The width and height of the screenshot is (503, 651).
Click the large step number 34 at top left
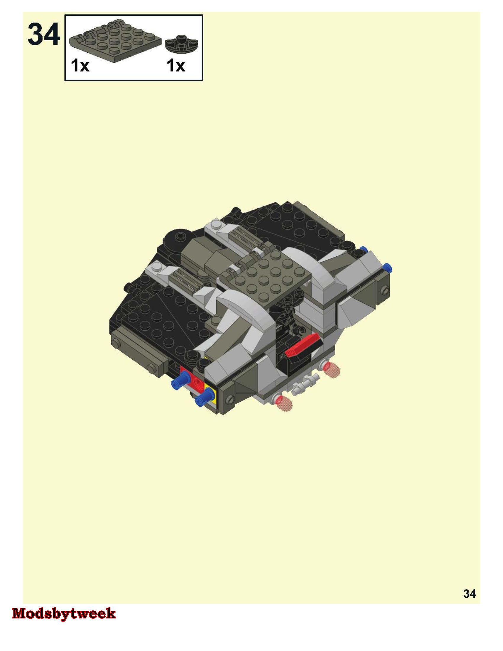pyautogui.click(x=44, y=35)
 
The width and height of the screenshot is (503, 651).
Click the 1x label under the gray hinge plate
pyautogui.click(x=80, y=65)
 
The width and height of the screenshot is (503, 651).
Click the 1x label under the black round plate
pyautogui.click(x=176, y=65)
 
